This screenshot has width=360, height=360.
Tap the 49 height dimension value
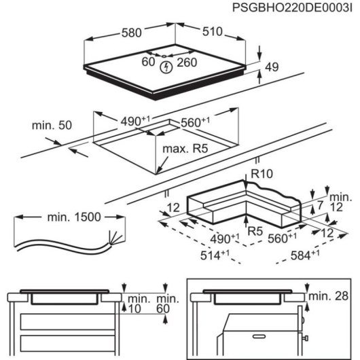[x=272, y=67]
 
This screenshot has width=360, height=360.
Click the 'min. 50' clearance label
[x=52, y=126]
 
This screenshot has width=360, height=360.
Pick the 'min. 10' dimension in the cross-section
[x=138, y=304]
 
